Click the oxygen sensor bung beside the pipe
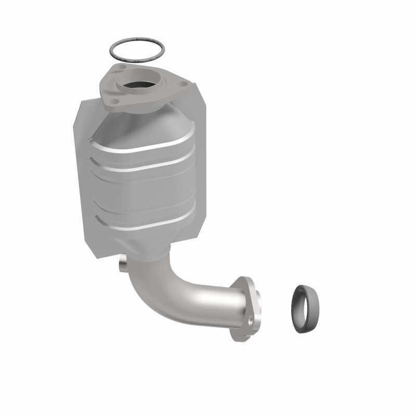tap(123, 265)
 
